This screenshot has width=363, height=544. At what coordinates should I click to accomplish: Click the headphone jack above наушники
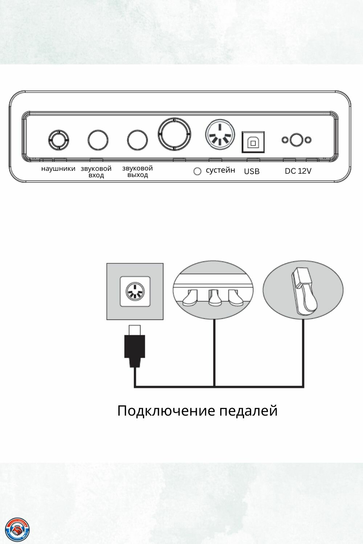click(58, 140)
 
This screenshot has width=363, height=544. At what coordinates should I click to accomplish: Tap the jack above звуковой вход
click(98, 140)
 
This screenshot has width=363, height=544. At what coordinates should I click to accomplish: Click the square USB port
click(253, 142)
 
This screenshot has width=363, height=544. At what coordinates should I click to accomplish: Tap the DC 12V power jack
click(297, 140)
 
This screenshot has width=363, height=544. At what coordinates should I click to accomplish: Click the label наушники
click(58, 169)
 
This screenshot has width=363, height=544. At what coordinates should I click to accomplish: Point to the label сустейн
click(220, 170)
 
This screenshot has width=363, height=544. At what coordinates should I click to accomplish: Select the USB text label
click(252, 172)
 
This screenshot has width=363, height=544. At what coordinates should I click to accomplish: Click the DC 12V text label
click(298, 171)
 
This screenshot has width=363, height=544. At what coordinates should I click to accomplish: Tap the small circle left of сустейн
click(197, 171)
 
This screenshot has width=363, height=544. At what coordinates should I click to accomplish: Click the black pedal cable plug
click(135, 347)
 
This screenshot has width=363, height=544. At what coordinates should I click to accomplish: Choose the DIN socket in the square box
click(135, 291)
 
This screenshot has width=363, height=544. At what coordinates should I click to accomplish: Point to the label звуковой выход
click(138, 172)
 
